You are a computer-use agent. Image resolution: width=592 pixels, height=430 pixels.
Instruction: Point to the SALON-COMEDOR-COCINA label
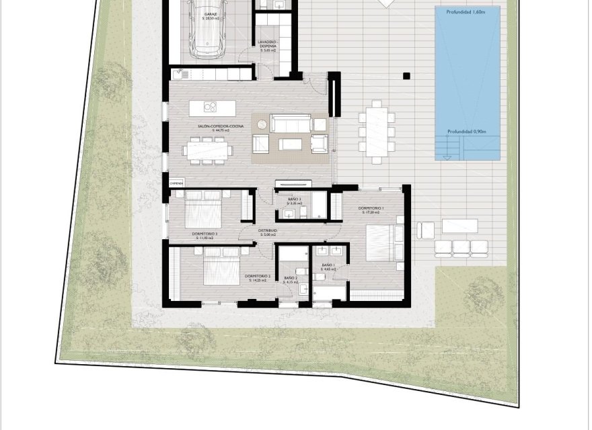(213, 126)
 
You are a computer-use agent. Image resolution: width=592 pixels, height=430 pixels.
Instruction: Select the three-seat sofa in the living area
(290, 124)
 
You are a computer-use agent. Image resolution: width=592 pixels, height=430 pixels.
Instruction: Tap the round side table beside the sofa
(321, 124)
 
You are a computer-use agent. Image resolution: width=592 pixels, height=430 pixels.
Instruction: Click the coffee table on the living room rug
(290, 144)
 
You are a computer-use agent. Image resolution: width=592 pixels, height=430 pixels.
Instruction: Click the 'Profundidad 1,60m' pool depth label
(468, 12)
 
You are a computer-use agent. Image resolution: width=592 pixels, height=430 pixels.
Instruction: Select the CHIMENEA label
(176, 183)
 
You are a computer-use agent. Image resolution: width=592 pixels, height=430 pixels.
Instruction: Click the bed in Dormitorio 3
(204, 209)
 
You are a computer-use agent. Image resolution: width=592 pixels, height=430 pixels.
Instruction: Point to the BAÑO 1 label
(328, 265)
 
